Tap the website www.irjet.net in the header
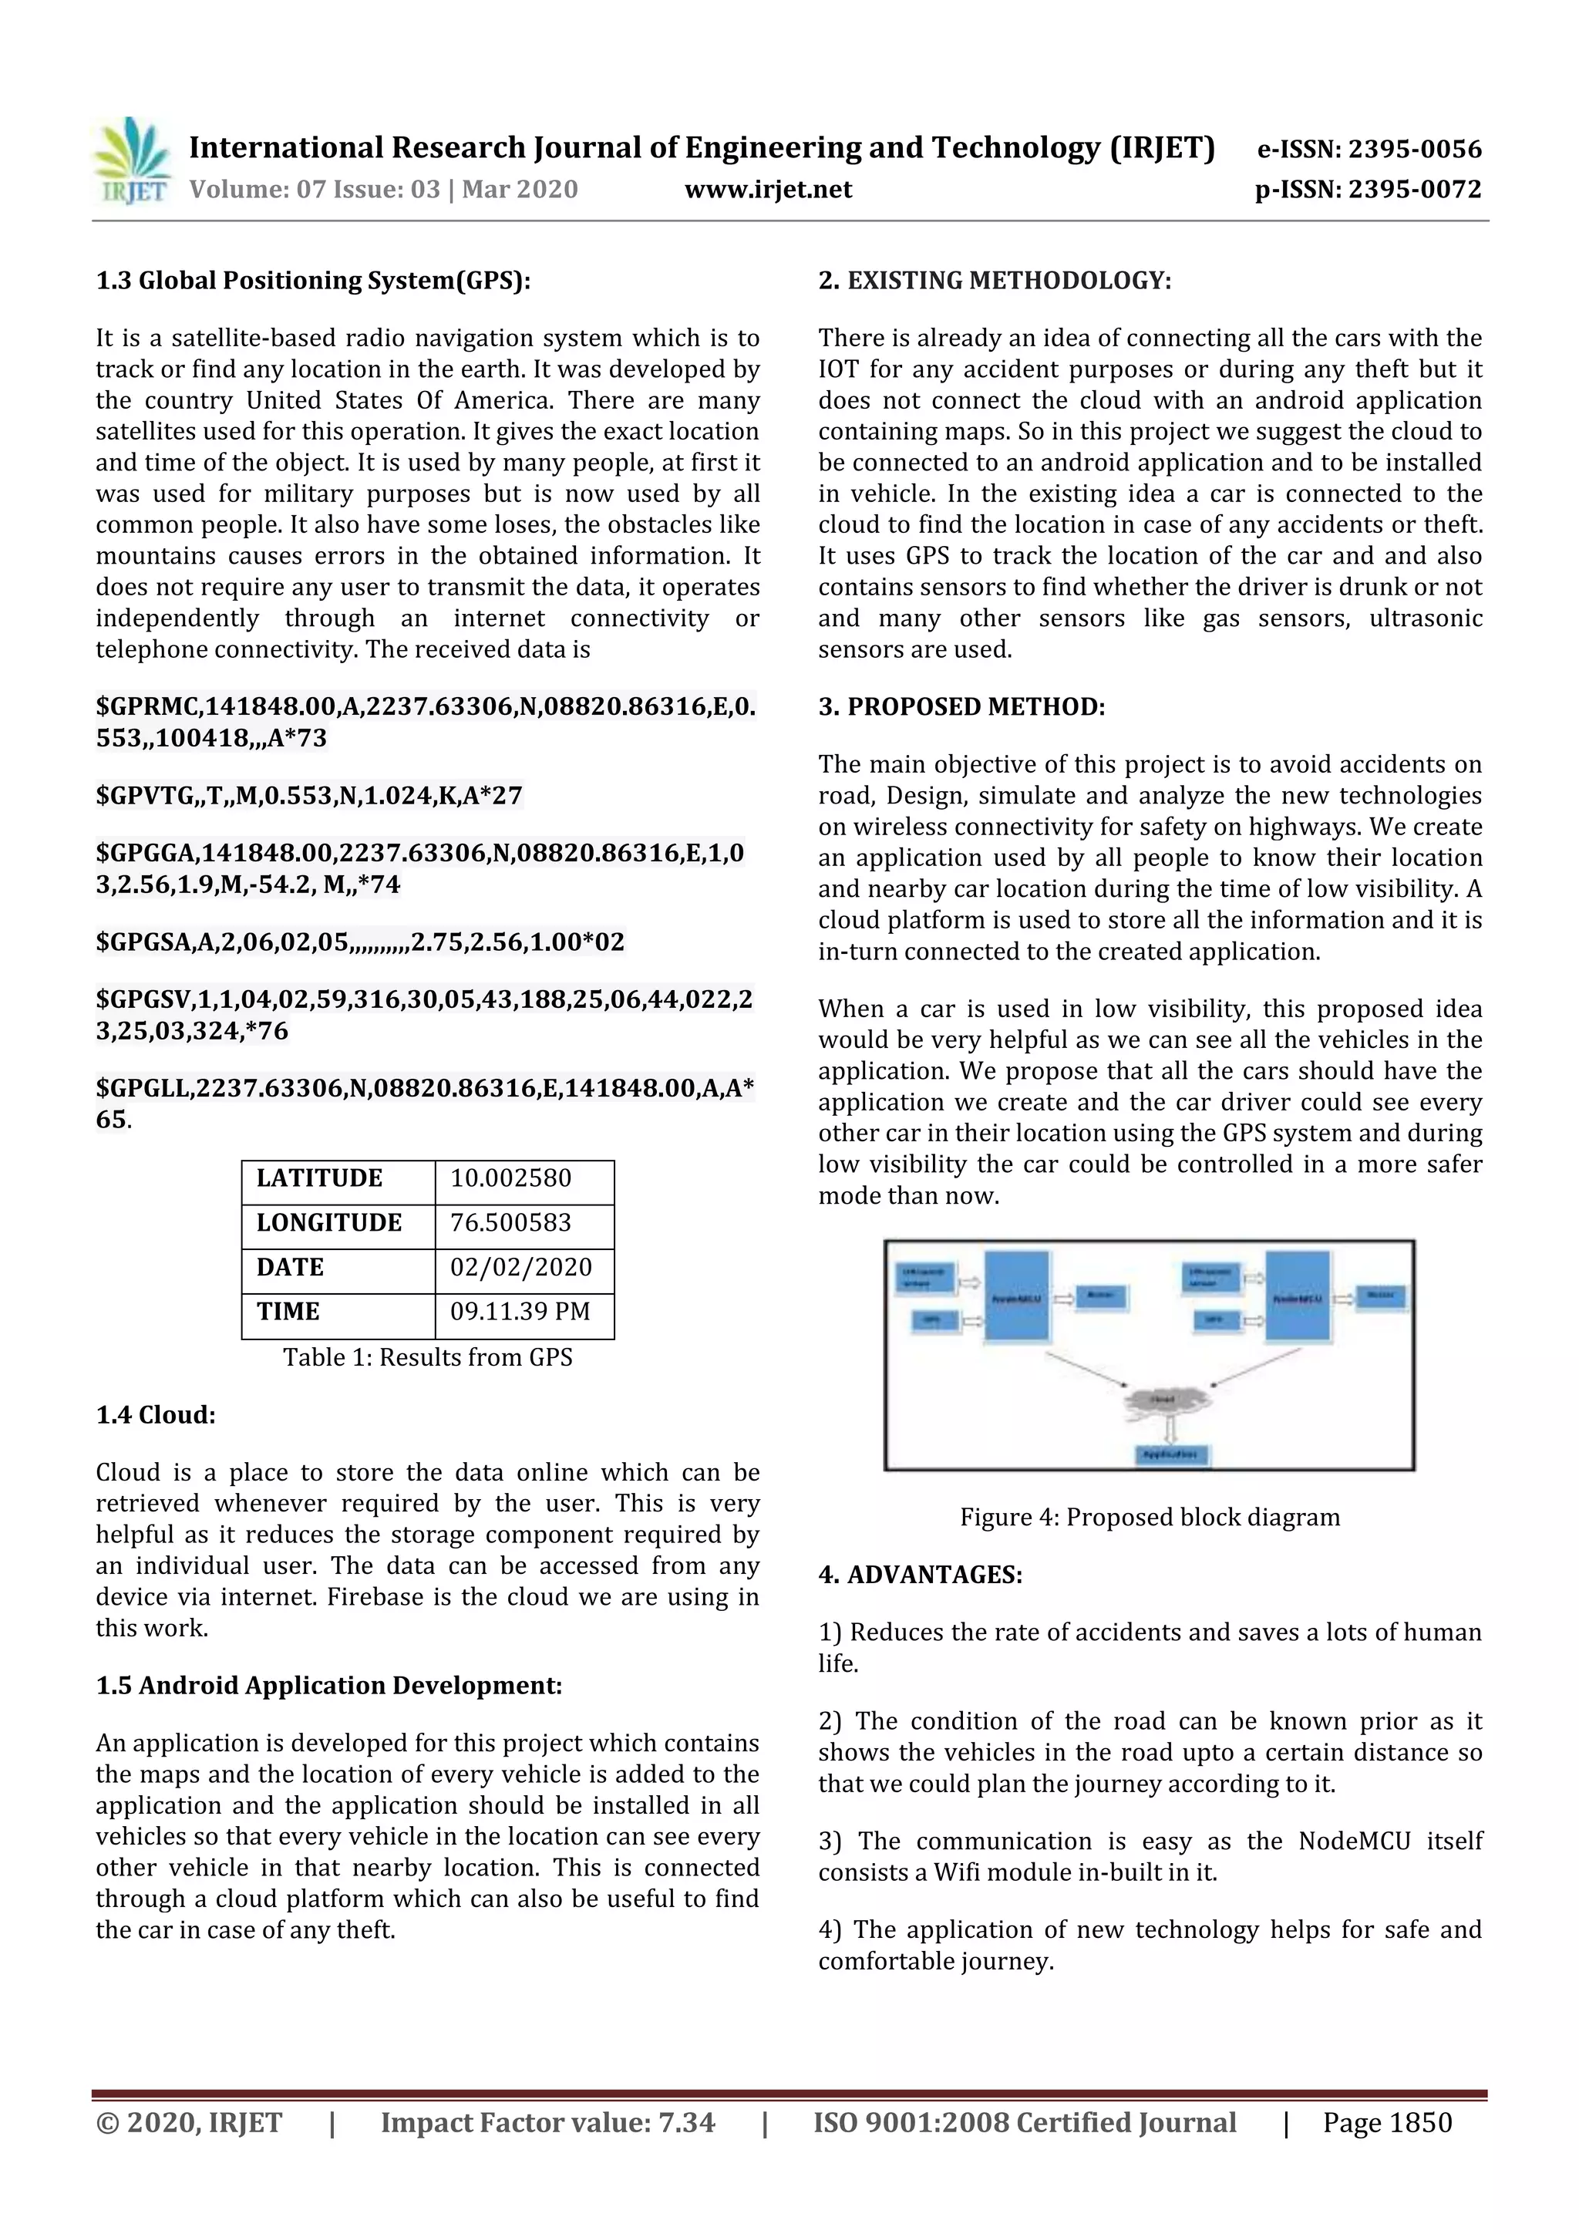tap(768, 189)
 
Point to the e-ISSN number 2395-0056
tap(1413, 149)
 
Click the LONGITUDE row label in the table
tap(329, 1223)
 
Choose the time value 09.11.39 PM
tap(520, 1312)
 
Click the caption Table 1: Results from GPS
tap(427, 1357)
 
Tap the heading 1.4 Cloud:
tap(156, 1415)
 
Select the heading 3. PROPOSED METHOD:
tap(961, 706)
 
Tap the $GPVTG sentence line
tap(309, 796)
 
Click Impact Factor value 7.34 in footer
tap(547, 2122)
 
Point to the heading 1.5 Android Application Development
tap(329, 1685)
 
